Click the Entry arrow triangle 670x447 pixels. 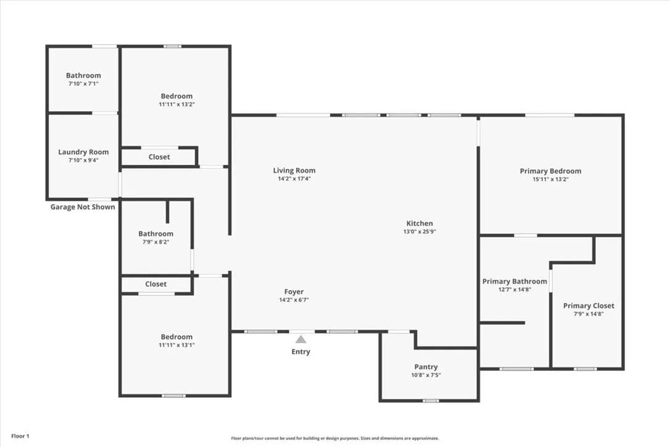point(301,339)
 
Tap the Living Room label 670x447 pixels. point(294,170)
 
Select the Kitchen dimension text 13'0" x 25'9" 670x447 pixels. point(420,232)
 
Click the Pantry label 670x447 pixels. point(426,367)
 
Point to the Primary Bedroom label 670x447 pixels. point(550,171)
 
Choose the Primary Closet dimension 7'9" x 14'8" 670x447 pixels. point(589,314)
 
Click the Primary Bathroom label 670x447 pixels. point(515,282)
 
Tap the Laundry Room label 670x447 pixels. point(83,152)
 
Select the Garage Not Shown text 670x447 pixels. point(83,207)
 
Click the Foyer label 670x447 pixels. point(294,292)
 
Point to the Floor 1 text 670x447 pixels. point(20,437)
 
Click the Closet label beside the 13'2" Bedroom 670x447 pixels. point(159,157)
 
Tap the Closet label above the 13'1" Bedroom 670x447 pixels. point(156,284)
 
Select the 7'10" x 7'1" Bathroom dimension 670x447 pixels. point(83,84)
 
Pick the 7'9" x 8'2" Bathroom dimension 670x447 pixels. point(156,242)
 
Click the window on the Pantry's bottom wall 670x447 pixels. point(431,401)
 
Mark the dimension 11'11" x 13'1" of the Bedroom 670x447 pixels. point(177,345)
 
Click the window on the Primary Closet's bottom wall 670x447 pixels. point(585,369)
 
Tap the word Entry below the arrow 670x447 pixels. point(301,352)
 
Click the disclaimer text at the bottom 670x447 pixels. point(335,438)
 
